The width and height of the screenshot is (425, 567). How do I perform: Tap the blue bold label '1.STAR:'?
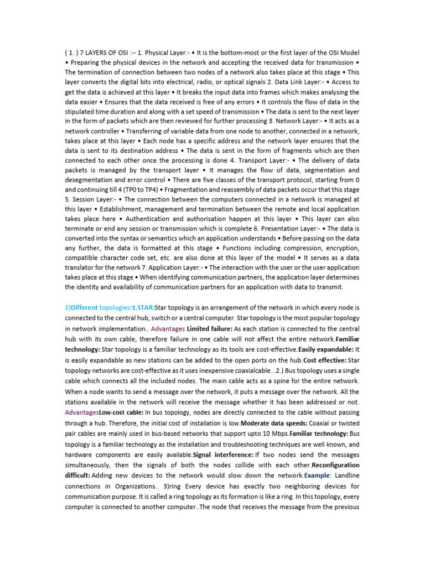coord(142,307)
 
